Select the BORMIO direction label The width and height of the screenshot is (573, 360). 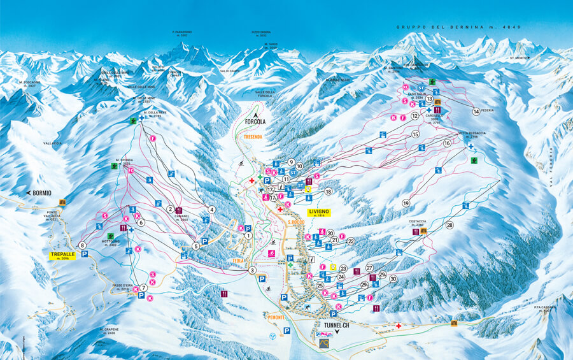click(x=39, y=192)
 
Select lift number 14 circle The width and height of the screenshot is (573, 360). click(x=476, y=112)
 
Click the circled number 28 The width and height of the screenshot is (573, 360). click(x=449, y=225)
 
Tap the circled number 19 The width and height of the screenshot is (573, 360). click(x=406, y=203)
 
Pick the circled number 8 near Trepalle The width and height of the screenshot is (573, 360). click(x=82, y=245)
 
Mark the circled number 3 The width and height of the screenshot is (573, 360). click(x=253, y=271)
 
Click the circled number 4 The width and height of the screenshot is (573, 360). click(x=211, y=209)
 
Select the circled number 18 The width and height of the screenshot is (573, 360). click(x=329, y=191)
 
